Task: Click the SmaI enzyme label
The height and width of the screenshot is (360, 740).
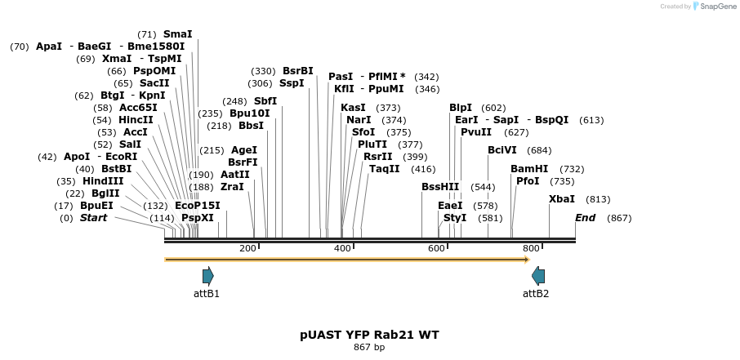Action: click(x=177, y=34)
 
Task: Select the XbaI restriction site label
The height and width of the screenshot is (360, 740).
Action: click(x=562, y=199)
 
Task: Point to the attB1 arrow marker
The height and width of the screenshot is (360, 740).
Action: click(x=207, y=275)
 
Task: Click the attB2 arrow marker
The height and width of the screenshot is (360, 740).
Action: click(x=537, y=275)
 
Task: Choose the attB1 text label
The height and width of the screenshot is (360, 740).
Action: click(x=207, y=294)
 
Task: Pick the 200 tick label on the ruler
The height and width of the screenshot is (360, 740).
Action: click(x=247, y=248)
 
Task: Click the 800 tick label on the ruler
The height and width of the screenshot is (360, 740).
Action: click(x=531, y=248)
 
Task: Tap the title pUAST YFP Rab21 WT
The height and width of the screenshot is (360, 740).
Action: click(x=369, y=335)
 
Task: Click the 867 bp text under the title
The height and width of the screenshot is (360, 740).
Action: click(x=369, y=348)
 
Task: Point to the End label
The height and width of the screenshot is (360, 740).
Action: click(x=586, y=218)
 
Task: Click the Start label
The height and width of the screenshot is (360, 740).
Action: click(x=93, y=218)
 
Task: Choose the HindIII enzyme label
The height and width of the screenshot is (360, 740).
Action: click(x=103, y=181)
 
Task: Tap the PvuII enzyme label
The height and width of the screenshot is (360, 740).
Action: click(x=476, y=132)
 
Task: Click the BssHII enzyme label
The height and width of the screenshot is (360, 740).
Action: click(x=440, y=187)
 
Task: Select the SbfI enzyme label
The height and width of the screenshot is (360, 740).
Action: click(x=265, y=101)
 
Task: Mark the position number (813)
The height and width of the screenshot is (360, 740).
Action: click(x=598, y=199)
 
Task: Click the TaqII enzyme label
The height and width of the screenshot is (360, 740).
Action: click(x=385, y=169)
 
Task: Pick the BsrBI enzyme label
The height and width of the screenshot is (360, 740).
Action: click(x=298, y=71)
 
